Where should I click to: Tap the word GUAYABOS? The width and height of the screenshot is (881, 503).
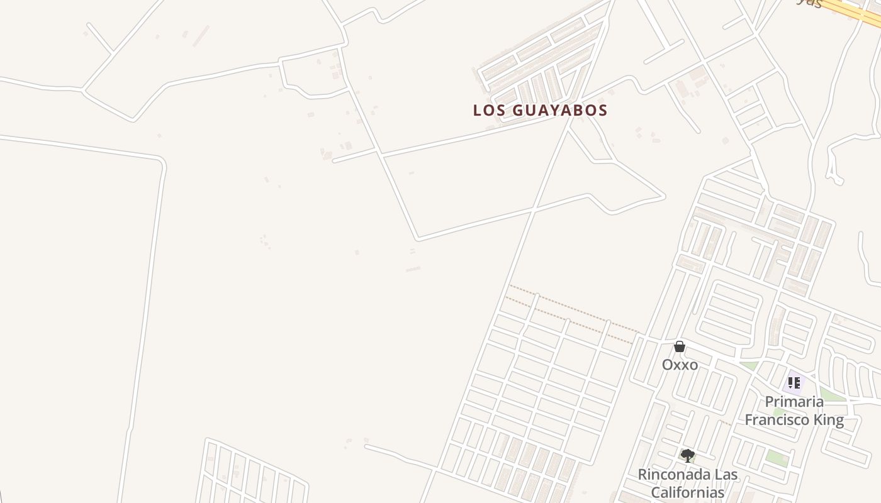(x=560, y=110)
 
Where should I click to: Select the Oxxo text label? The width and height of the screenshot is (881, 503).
(x=680, y=365)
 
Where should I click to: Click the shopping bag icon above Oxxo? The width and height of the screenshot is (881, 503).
(x=680, y=346)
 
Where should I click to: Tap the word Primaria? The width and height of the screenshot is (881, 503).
(x=794, y=402)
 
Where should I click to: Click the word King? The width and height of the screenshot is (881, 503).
(x=830, y=419)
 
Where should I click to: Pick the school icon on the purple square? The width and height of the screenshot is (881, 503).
(x=794, y=382)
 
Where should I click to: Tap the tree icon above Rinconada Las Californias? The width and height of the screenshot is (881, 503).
(x=688, y=456)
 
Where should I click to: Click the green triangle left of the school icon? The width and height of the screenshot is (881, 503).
(x=749, y=365)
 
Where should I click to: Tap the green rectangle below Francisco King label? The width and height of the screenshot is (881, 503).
(x=777, y=457)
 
